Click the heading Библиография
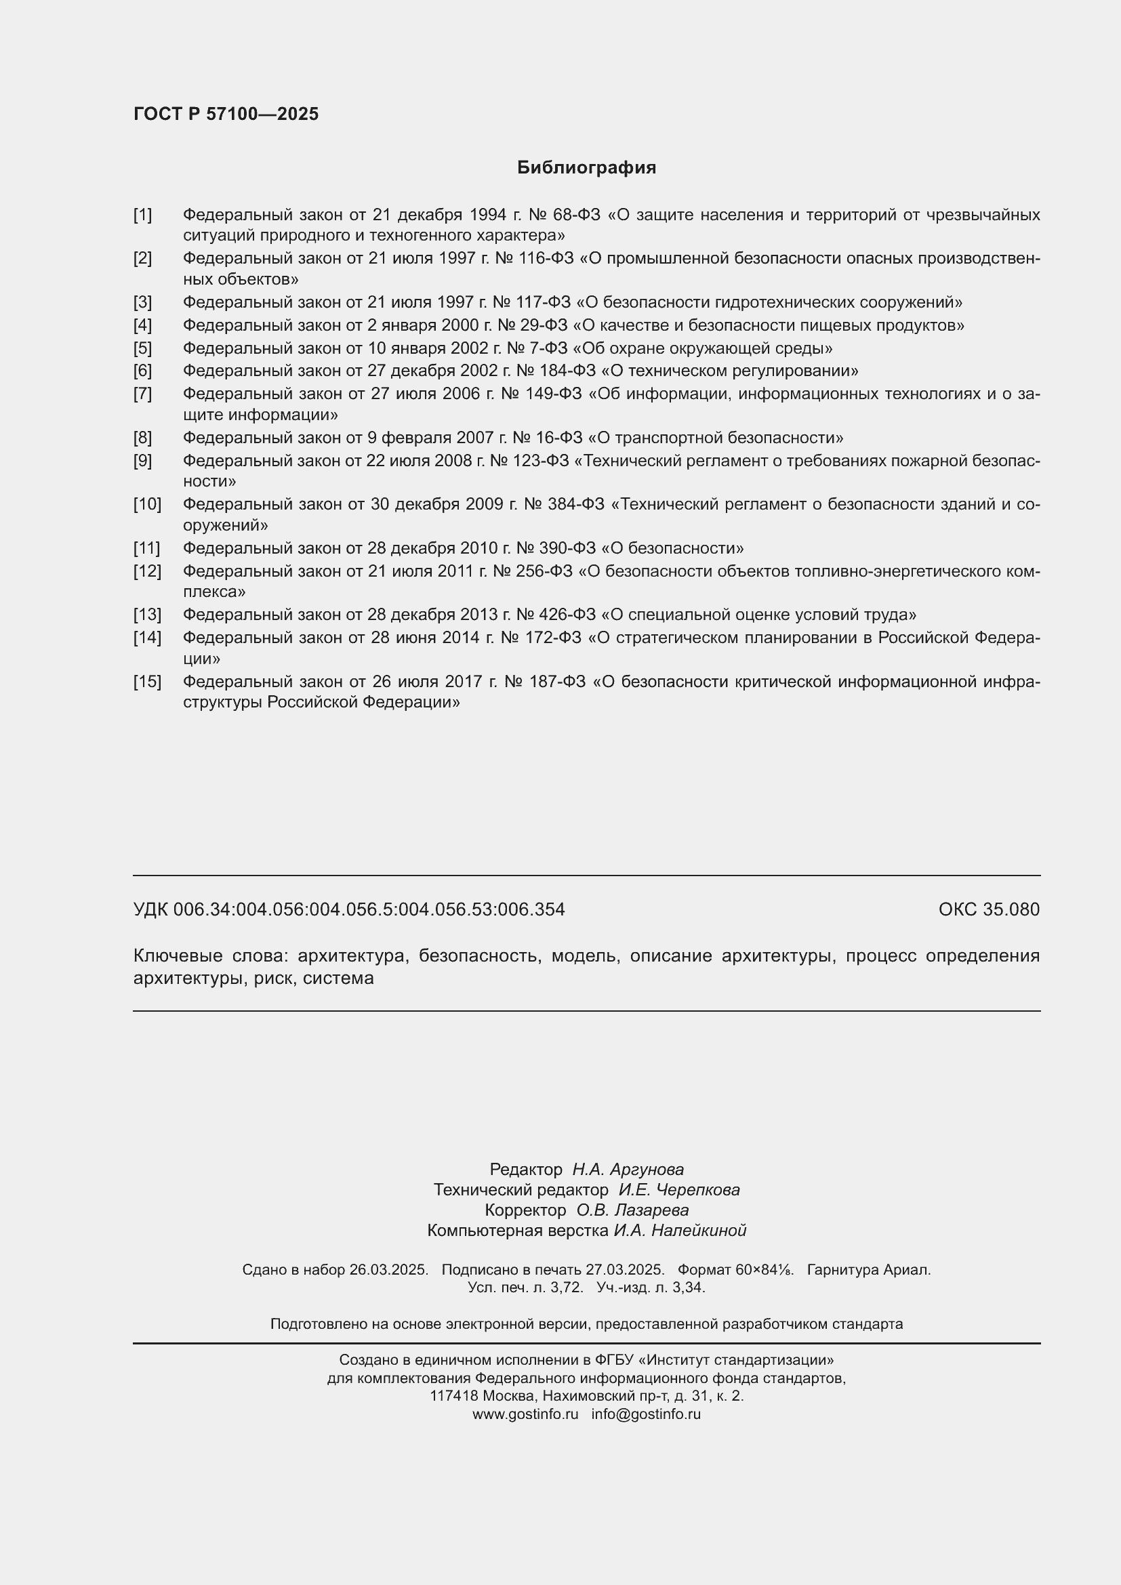tap(586, 168)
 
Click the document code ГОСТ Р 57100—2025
tap(226, 114)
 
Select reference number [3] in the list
tap(142, 302)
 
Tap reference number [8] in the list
tap(142, 438)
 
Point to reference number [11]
tap(146, 548)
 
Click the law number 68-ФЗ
tap(577, 215)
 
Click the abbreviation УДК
tap(150, 909)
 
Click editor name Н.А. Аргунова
tap(628, 1169)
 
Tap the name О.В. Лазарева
tap(632, 1210)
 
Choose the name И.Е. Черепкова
tap(678, 1189)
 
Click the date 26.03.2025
tap(388, 1269)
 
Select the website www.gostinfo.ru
tap(525, 1413)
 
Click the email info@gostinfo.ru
tap(645, 1413)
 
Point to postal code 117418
tap(453, 1395)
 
